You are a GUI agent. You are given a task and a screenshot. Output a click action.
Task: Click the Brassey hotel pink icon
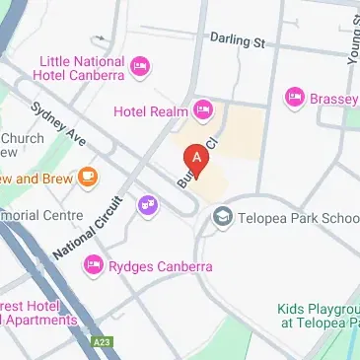[294, 97]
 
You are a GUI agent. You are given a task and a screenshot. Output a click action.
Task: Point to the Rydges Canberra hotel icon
[94, 264]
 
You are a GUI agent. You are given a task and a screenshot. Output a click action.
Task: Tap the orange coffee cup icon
[89, 178]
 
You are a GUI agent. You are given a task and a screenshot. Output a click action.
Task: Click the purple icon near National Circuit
[149, 205]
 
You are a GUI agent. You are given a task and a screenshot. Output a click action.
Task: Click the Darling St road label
[238, 40]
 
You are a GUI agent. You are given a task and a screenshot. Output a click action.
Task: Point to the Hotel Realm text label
[152, 111]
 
